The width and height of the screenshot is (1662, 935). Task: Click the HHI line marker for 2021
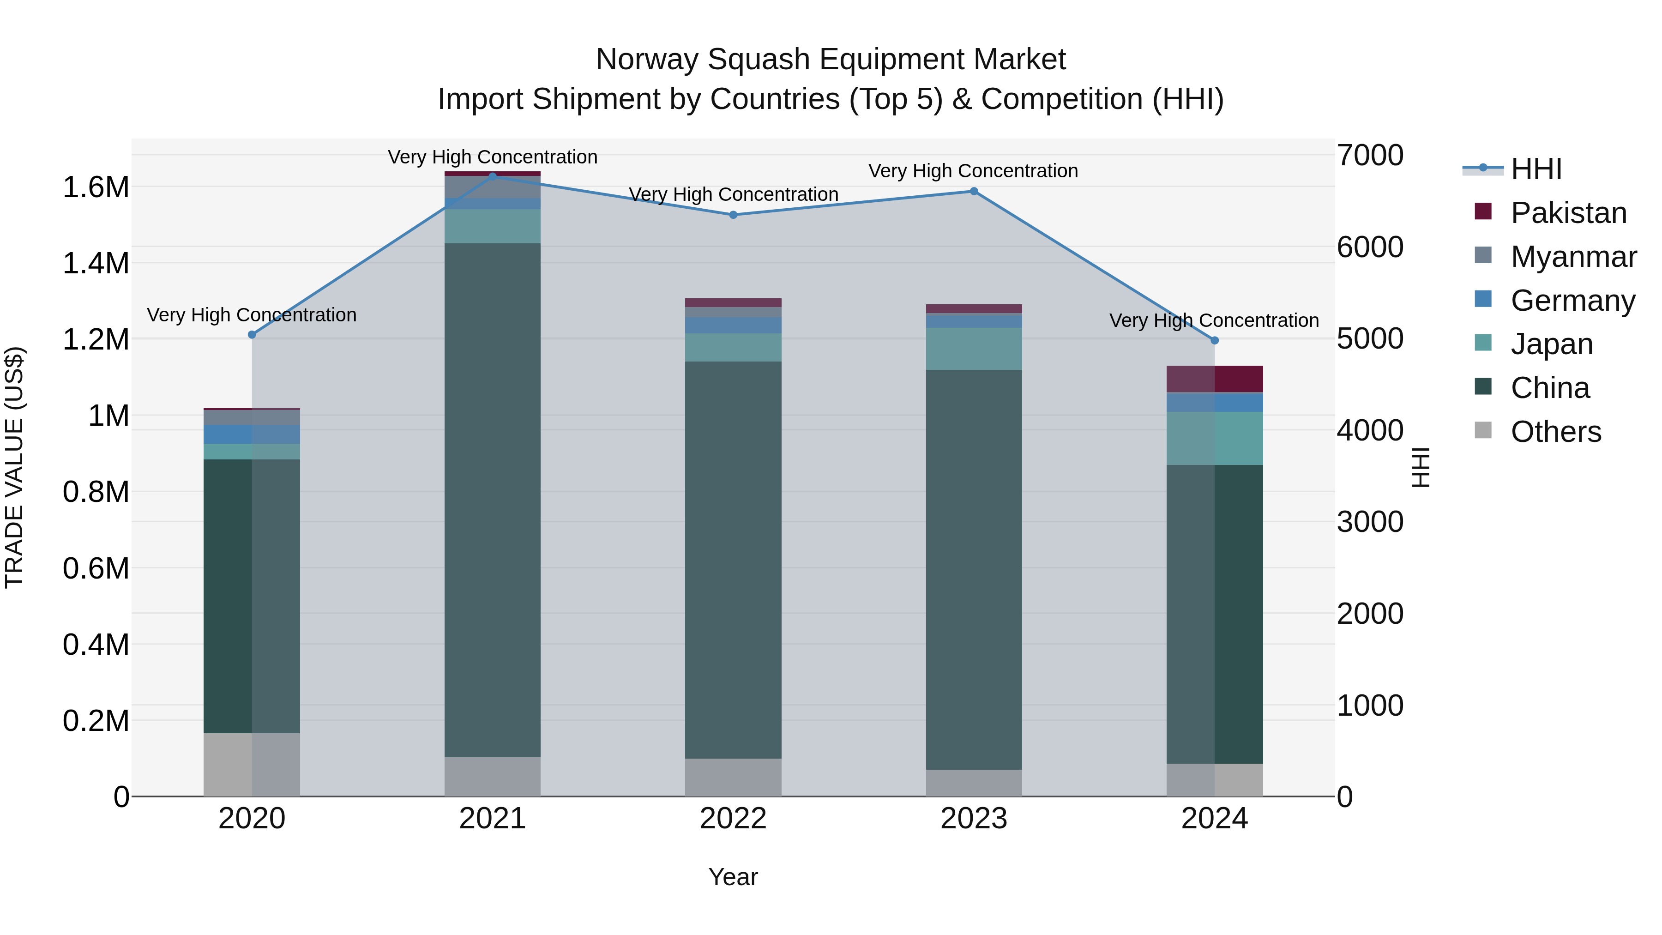pyautogui.click(x=492, y=176)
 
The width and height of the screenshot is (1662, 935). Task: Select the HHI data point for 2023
pyautogui.click(x=974, y=191)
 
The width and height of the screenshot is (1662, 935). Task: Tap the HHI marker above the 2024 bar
pyautogui.click(x=1214, y=340)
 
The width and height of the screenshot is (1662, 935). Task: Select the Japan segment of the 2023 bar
pyautogui.click(x=974, y=349)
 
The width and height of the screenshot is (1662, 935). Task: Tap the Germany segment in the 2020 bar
pyautogui.click(x=252, y=434)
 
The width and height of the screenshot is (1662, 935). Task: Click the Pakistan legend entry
pyautogui.click(x=1568, y=213)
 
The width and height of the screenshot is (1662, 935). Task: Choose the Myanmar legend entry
pyautogui.click(x=1573, y=257)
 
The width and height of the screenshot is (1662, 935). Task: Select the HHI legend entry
pyautogui.click(x=1536, y=169)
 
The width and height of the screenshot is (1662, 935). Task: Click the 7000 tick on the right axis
pyautogui.click(x=1369, y=156)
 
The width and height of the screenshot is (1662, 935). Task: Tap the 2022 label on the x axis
pyautogui.click(x=733, y=818)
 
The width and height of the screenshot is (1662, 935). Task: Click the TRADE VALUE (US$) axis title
pyautogui.click(x=14, y=467)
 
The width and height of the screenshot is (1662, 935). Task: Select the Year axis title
pyautogui.click(x=733, y=877)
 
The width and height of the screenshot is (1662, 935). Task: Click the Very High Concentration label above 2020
pyautogui.click(x=252, y=315)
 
